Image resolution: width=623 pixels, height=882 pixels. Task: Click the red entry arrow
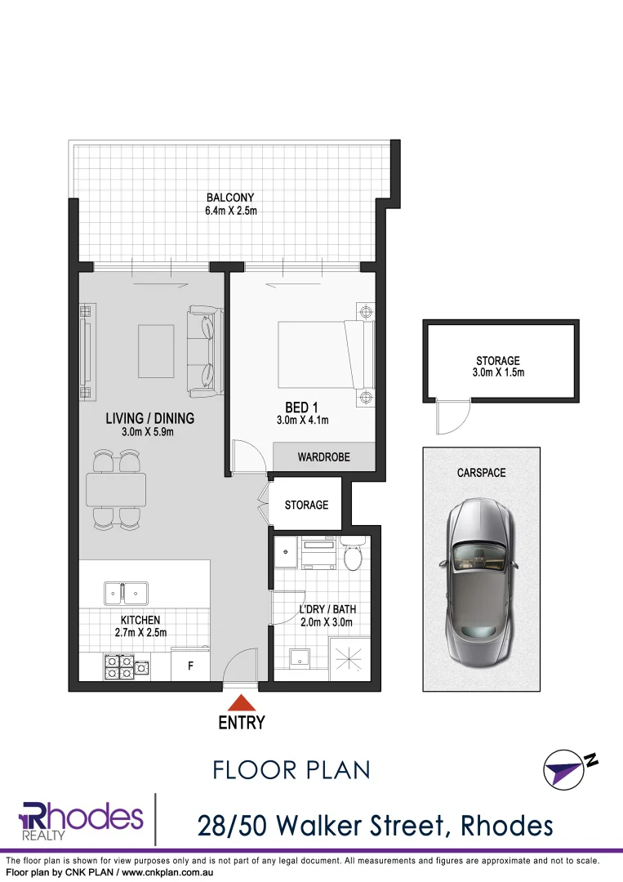(241, 702)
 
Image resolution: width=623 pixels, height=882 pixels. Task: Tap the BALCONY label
(230, 198)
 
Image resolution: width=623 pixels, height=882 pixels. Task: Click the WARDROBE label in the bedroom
(323, 457)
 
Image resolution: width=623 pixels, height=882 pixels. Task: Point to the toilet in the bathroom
(354, 555)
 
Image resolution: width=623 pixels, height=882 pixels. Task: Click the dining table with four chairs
(116, 489)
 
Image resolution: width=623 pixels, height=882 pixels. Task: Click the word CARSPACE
(481, 473)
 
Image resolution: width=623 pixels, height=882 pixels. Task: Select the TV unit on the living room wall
(85, 351)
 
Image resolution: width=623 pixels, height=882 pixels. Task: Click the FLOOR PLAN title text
(291, 769)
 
